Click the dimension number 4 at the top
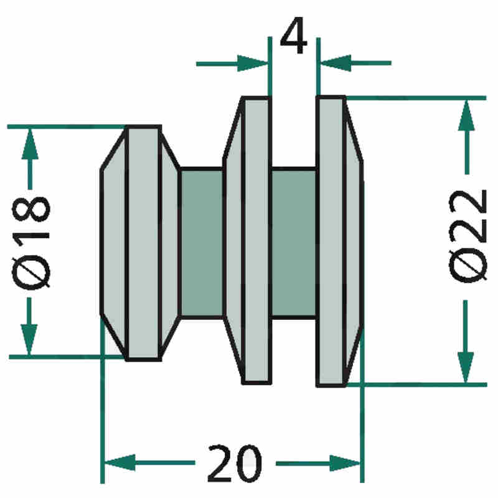click(x=294, y=35)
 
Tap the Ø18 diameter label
click(x=31, y=243)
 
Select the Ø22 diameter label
click(x=467, y=236)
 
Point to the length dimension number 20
click(x=235, y=463)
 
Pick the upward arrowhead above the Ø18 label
click(x=30, y=144)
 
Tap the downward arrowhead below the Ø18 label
click(x=29, y=339)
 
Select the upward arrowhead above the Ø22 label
click(x=466, y=115)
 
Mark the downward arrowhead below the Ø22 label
click(x=466, y=367)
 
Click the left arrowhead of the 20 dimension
click(x=120, y=463)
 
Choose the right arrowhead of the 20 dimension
click(x=345, y=463)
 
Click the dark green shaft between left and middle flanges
click(x=202, y=243)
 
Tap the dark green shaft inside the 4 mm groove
click(x=294, y=243)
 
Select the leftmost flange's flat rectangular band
click(x=144, y=243)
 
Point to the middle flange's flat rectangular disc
click(x=256, y=240)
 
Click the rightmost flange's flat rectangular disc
click(x=331, y=241)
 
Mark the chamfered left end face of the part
click(x=114, y=243)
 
